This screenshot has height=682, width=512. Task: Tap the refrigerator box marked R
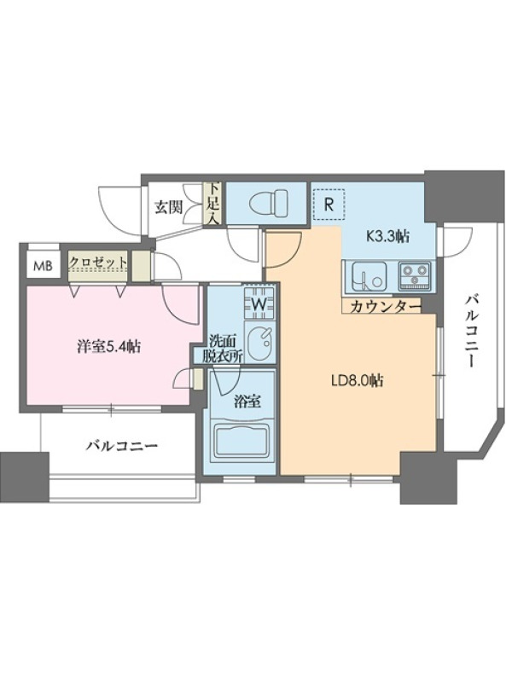[329, 205]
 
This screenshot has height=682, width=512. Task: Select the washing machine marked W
[260, 303]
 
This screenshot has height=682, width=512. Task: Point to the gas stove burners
[414, 276]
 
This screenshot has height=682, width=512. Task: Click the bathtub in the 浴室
[242, 442]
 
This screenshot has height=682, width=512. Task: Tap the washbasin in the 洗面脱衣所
[260, 342]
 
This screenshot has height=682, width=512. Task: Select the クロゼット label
[99, 263]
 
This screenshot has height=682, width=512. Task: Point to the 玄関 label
[168, 208]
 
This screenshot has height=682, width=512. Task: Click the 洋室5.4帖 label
[109, 347]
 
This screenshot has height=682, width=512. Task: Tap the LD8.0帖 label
[357, 381]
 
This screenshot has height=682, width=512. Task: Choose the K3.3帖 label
[387, 236]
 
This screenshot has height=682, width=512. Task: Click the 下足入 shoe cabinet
[214, 204]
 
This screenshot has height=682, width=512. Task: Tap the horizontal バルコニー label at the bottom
[121, 446]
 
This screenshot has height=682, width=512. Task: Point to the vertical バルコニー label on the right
[471, 332]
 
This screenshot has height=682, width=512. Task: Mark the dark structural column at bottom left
[25, 477]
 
